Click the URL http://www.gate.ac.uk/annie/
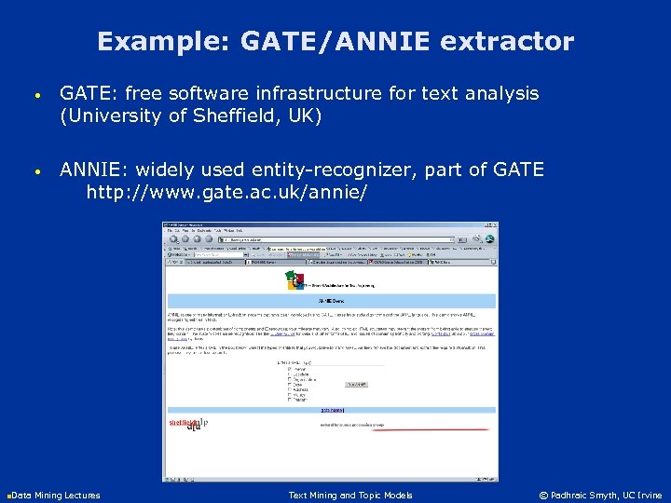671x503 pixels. pos(226,192)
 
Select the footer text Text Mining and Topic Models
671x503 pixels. pos(350,495)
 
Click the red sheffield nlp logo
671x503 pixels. pos(185,424)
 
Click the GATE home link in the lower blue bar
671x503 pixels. pos(331,410)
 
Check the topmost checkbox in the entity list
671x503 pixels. pos(290,368)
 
